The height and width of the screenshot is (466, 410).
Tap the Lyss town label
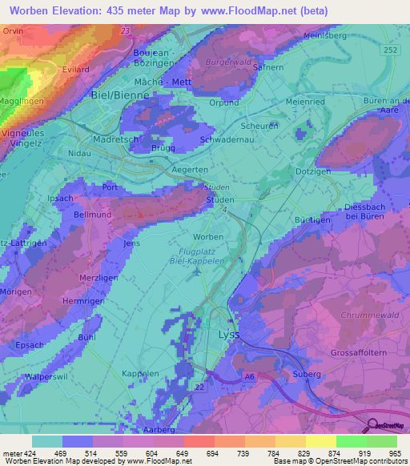pyautogui.click(x=228, y=335)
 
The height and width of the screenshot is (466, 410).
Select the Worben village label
pyautogui.click(x=208, y=238)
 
